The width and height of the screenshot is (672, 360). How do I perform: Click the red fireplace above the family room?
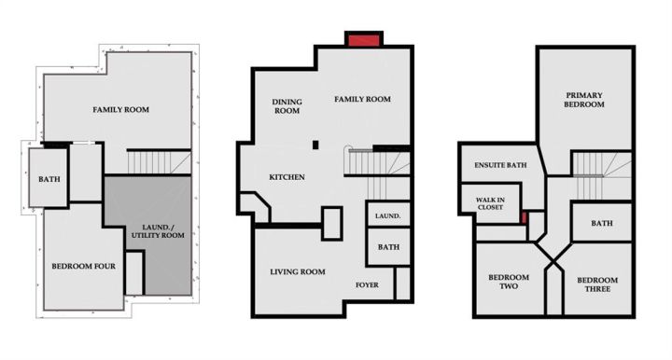click(x=364, y=40)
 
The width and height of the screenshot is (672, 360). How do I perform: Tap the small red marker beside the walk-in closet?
click(x=524, y=217)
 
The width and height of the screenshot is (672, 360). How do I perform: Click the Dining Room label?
click(x=287, y=106)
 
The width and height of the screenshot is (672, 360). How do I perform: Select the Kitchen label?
click(x=287, y=177)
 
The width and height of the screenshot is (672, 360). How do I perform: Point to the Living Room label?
click(x=298, y=271)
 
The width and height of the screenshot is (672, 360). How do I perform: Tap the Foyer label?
click(x=367, y=284)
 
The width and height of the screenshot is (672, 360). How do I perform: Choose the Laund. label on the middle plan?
click(x=388, y=216)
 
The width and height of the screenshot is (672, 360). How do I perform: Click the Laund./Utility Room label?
click(x=158, y=231)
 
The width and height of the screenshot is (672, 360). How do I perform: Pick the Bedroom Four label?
click(x=84, y=266)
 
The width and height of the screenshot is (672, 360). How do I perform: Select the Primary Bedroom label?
click(x=584, y=100)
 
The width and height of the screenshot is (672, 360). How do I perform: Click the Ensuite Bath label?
click(x=500, y=165)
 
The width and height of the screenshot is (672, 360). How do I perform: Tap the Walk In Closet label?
click(x=490, y=203)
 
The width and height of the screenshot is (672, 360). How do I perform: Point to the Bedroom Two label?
click(x=509, y=282)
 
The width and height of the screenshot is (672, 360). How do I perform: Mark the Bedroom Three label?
click(x=597, y=284)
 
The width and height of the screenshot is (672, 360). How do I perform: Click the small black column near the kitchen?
click(x=315, y=145)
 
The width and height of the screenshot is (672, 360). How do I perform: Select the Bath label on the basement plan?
click(x=49, y=179)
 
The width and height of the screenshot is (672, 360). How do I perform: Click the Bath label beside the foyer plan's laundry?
click(x=388, y=247)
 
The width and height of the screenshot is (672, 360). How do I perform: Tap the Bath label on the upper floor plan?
click(x=602, y=224)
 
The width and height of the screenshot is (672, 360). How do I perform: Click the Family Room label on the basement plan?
click(x=120, y=109)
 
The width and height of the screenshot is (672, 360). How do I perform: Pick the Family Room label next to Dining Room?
click(x=362, y=99)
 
